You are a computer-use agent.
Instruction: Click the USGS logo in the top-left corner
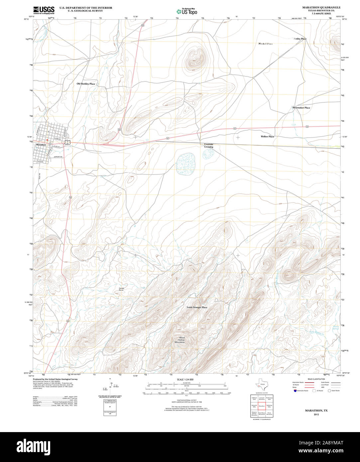click(x=44, y=10)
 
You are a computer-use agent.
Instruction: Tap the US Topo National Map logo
click(x=186, y=11)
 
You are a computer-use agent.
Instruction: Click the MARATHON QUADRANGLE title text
click(x=321, y=7)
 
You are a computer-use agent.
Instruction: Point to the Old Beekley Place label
click(x=86, y=84)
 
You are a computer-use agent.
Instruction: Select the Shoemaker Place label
click(x=301, y=108)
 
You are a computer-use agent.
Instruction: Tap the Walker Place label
click(x=267, y=137)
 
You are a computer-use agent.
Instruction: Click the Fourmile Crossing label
click(x=209, y=146)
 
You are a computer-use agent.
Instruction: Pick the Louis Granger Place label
click(x=197, y=307)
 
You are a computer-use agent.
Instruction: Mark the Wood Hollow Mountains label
click(x=180, y=340)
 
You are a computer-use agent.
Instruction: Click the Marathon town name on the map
click(x=41, y=145)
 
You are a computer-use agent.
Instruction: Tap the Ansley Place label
click(x=300, y=39)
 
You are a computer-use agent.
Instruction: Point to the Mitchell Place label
click(x=266, y=44)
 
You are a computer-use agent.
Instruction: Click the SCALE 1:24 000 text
click(x=185, y=380)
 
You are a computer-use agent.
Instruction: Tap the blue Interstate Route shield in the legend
click(x=295, y=391)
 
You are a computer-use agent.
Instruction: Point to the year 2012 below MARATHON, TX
click(x=316, y=414)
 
